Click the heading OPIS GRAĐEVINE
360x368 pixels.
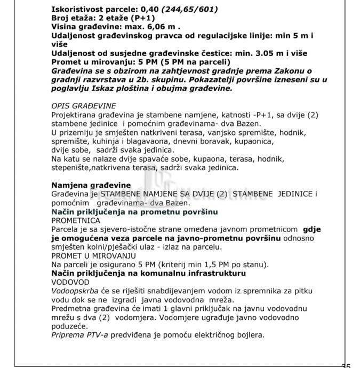tap(84, 106)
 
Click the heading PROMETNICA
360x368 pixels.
tap(76, 220)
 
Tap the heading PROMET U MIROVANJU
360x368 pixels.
tap(93, 255)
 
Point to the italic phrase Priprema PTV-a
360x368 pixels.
tap(80, 335)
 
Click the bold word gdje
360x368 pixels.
tap(311, 229)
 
